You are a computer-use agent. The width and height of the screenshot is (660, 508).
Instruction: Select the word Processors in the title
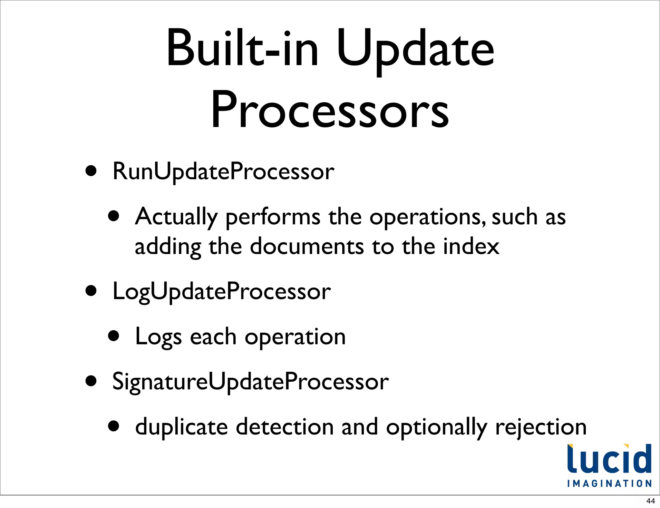[330, 110]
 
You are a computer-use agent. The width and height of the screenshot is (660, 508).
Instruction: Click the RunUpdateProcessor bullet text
[223, 171]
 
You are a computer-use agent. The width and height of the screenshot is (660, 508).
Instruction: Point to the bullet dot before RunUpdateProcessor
[91, 171]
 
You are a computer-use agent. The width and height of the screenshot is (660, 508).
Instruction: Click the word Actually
[176, 217]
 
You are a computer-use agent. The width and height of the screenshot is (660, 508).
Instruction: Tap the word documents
[307, 247]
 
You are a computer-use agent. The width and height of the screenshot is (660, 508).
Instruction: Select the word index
[471, 247]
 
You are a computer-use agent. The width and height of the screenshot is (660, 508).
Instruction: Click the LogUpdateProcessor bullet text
[221, 291]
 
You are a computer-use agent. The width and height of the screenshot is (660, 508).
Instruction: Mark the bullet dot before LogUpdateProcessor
[91, 290]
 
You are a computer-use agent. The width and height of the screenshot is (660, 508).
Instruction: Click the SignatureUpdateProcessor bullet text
[250, 382]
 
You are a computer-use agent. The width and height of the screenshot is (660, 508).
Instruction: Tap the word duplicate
[181, 427]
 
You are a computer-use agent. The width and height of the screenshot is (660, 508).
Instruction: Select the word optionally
[437, 427]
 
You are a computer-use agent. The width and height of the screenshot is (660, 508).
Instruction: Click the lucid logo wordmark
[609, 459]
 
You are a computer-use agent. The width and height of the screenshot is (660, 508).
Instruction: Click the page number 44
[650, 501]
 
